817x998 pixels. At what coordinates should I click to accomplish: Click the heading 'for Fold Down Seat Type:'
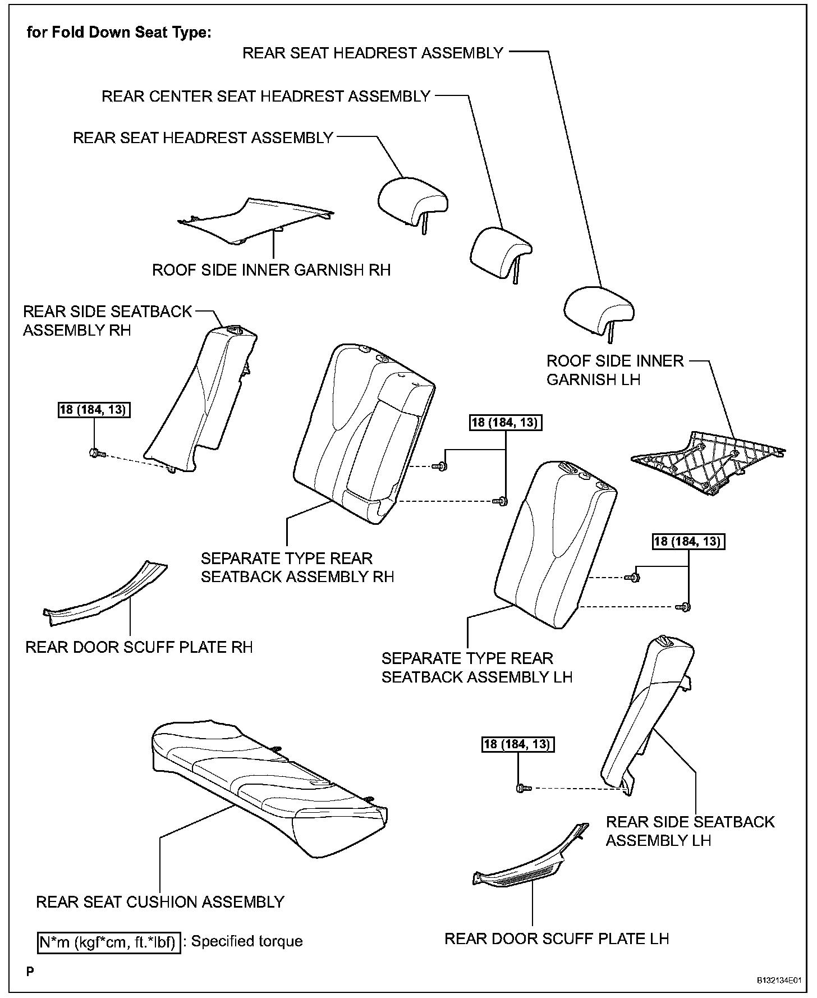coord(119,33)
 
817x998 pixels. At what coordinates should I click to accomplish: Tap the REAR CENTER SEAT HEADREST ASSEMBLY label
coord(265,97)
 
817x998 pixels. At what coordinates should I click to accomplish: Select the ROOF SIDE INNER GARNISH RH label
coord(271,270)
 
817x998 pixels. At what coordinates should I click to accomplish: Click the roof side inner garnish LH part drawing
coord(707,460)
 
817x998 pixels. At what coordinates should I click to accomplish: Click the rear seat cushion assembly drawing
coord(269,786)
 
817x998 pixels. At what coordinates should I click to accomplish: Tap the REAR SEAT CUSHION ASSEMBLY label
coord(160,902)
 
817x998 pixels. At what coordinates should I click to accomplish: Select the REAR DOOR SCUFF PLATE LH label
coord(557,939)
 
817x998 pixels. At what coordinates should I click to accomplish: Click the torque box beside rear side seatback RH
coord(94,410)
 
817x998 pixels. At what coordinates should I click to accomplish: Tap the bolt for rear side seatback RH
coord(94,452)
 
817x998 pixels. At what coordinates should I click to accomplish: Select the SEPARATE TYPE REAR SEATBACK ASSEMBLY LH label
coord(476,667)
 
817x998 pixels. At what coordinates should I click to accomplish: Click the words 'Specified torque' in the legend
coord(247,941)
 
